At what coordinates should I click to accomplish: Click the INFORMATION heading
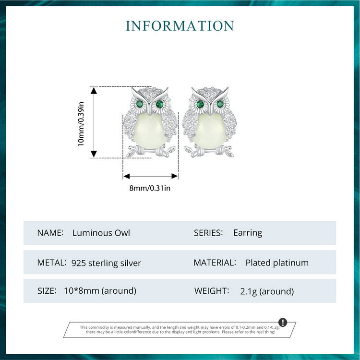click(180, 25)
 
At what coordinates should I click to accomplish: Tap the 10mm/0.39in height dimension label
click(81, 123)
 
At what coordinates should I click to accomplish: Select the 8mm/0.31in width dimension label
click(150, 188)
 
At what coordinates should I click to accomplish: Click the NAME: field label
click(50, 233)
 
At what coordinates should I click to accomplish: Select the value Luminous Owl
click(101, 233)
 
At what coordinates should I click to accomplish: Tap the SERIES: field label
click(208, 233)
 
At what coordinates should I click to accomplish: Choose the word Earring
click(248, 233)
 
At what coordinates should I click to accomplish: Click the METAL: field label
click(51, 263)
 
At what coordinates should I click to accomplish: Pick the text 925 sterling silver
click(106, 263)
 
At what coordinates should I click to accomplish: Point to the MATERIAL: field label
click(215, 263)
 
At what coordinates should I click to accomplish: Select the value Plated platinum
click(277, 263)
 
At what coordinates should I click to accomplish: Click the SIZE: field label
click(48, 291)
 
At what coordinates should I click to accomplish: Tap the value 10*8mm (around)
click(100, 291)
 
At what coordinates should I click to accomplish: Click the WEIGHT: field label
click(212, 291)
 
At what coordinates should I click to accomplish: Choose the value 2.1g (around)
click(267, 291)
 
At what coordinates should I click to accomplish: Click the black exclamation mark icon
click(283, 322)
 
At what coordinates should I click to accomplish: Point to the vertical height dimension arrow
click(93, 122)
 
